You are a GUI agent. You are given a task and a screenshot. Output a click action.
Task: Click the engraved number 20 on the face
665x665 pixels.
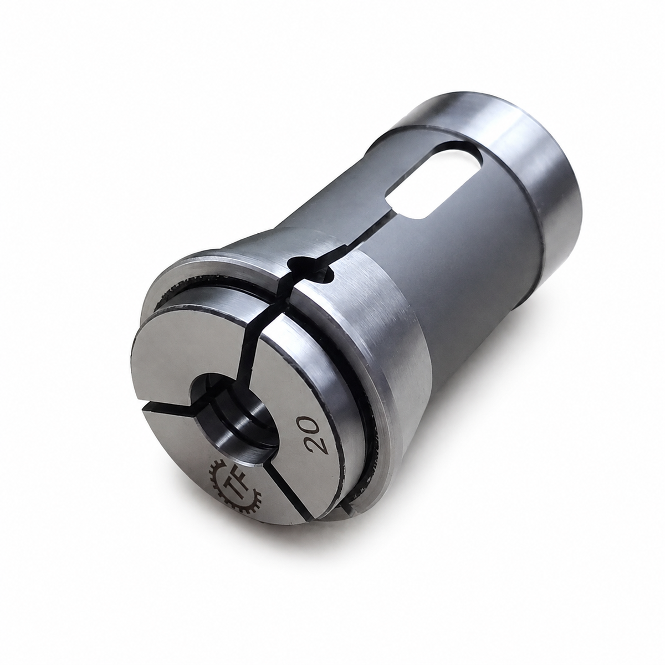(313, 436)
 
